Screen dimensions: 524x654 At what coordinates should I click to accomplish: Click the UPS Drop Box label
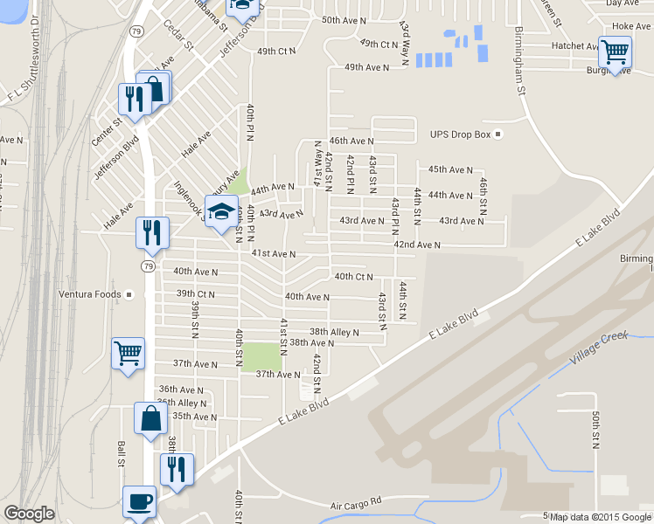(462, 134)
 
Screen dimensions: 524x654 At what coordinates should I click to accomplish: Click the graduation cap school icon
(221, 210)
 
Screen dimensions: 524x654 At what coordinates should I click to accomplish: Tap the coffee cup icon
(139, 502)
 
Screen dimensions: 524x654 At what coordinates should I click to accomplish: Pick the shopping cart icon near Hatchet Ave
(616, 52)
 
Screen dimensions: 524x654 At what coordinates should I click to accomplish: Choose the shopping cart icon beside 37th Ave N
(128, 353)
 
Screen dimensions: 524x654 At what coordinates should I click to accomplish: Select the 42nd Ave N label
(416, 246)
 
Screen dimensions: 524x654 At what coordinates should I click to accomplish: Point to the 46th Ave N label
(351, 141)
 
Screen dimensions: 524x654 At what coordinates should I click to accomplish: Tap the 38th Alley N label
(334, 332)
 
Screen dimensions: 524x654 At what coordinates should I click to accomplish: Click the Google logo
(30, 514)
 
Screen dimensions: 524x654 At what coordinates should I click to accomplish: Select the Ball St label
(121, 455)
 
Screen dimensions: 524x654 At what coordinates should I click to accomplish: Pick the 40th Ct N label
(354, 277)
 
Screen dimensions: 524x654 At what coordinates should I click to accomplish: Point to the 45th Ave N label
(450, 169)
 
